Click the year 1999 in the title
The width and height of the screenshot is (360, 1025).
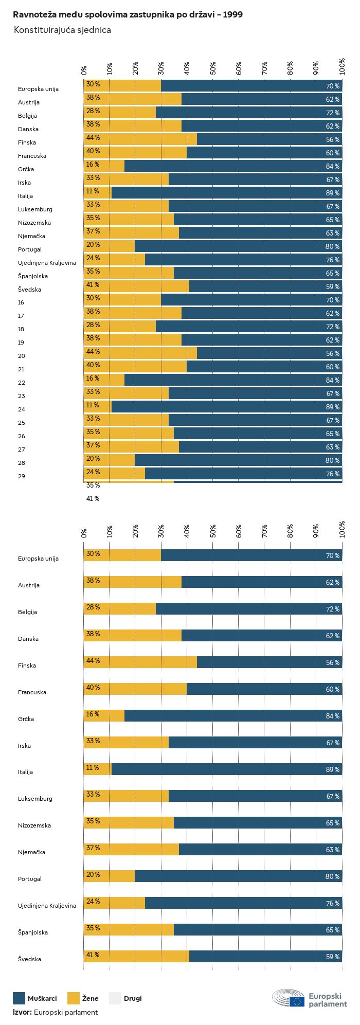tap(232, 15)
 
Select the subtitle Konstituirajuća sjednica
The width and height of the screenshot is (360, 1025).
tap(62, 30)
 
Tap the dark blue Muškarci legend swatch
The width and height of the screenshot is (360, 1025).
tap(19, 998)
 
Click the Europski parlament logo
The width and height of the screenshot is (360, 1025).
tap(310, 998)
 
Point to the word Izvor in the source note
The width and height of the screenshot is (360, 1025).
tap(22, 1012)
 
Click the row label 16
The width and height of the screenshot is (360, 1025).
tap(21, 302)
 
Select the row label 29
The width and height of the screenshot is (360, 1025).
tap(21, 476)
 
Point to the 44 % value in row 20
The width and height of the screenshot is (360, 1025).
tap(93, 352)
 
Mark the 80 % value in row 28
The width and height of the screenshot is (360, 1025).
tap(332, 460)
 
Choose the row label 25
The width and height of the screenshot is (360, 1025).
tap(21, 423)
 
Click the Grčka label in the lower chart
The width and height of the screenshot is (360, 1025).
tap(26, 719)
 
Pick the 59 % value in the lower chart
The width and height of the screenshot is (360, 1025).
tap(332, 957)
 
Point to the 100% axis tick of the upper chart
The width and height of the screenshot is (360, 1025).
tap(342, 67)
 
